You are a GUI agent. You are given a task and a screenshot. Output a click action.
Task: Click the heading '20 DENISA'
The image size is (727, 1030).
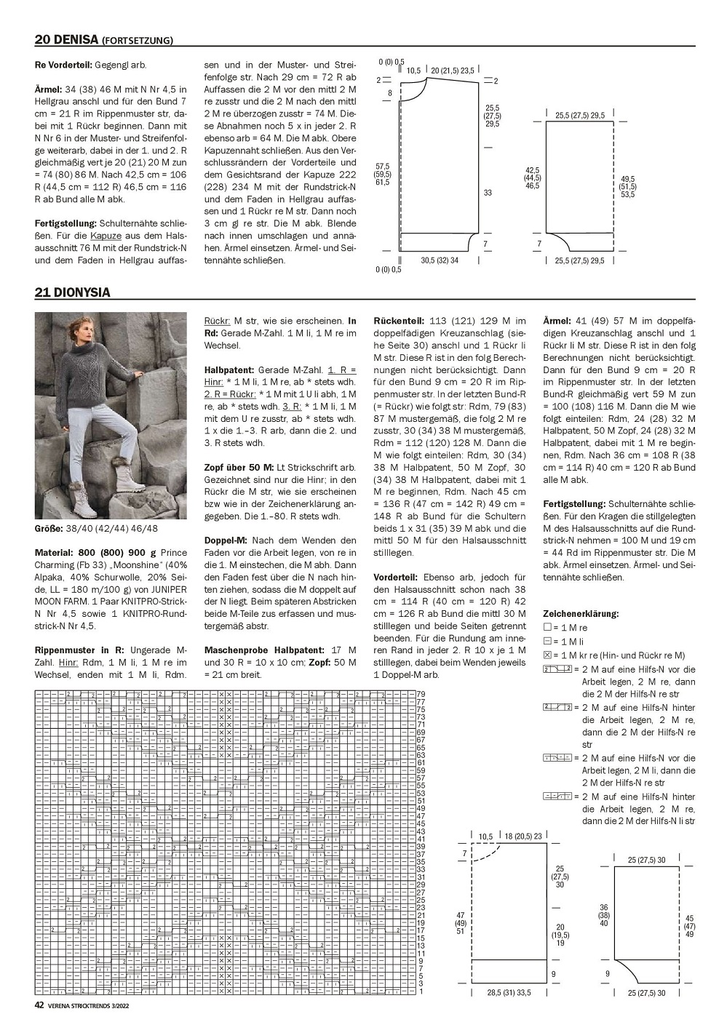(65, 39)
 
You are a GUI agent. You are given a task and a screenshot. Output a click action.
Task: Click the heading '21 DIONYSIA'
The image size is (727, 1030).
(72, 292)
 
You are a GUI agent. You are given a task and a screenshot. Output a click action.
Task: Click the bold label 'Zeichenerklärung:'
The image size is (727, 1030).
(581, 613)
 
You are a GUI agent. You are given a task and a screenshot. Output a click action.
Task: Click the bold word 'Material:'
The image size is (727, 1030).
(55, 552)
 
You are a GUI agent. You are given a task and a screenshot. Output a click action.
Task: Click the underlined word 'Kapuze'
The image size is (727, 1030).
(103, 235)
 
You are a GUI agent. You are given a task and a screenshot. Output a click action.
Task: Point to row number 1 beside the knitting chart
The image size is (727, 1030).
(421, 991)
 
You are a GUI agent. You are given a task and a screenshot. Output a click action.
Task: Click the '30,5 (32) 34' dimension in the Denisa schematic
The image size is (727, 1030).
(440, 260)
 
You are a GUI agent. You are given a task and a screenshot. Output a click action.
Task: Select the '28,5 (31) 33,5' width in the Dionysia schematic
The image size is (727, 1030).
(509, 992)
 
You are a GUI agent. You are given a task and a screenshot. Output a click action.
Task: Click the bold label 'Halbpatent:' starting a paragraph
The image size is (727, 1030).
(229, 369)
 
